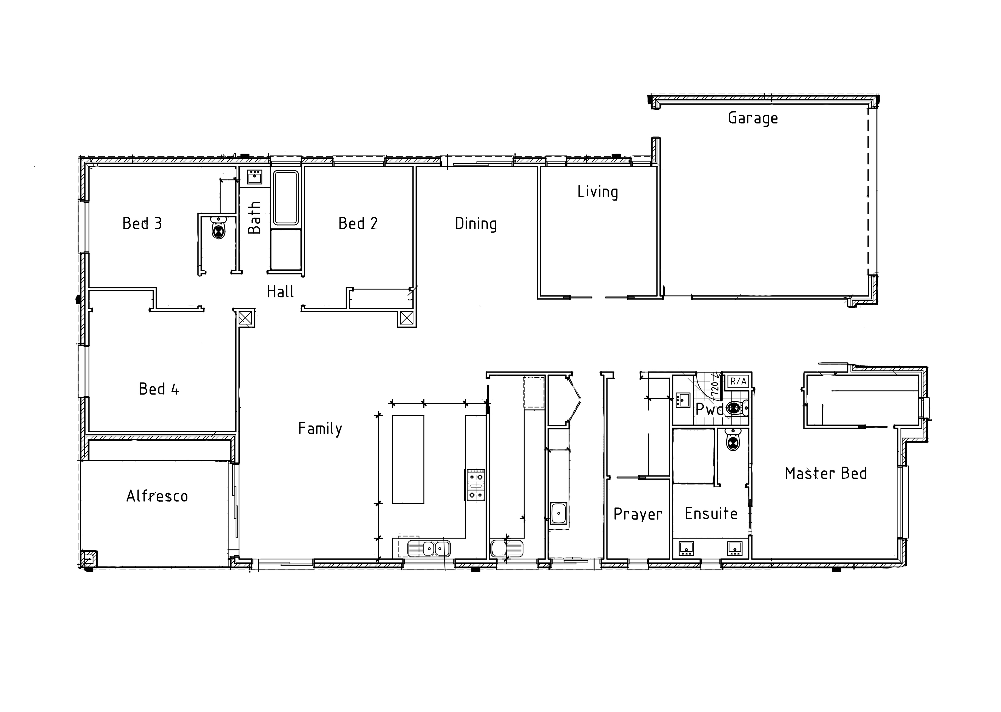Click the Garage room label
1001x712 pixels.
[x=753, y=118]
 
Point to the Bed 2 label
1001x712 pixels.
[x=358, y=224]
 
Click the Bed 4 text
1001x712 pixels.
[x=159, y=389]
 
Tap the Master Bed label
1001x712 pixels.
[x=826, y=474]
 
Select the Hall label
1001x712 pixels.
[x=280, y=292]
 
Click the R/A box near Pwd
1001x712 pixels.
[x=738, y=381]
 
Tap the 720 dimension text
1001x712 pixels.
[x=715, y=389]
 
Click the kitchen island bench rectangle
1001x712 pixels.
[x=408, y=459]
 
